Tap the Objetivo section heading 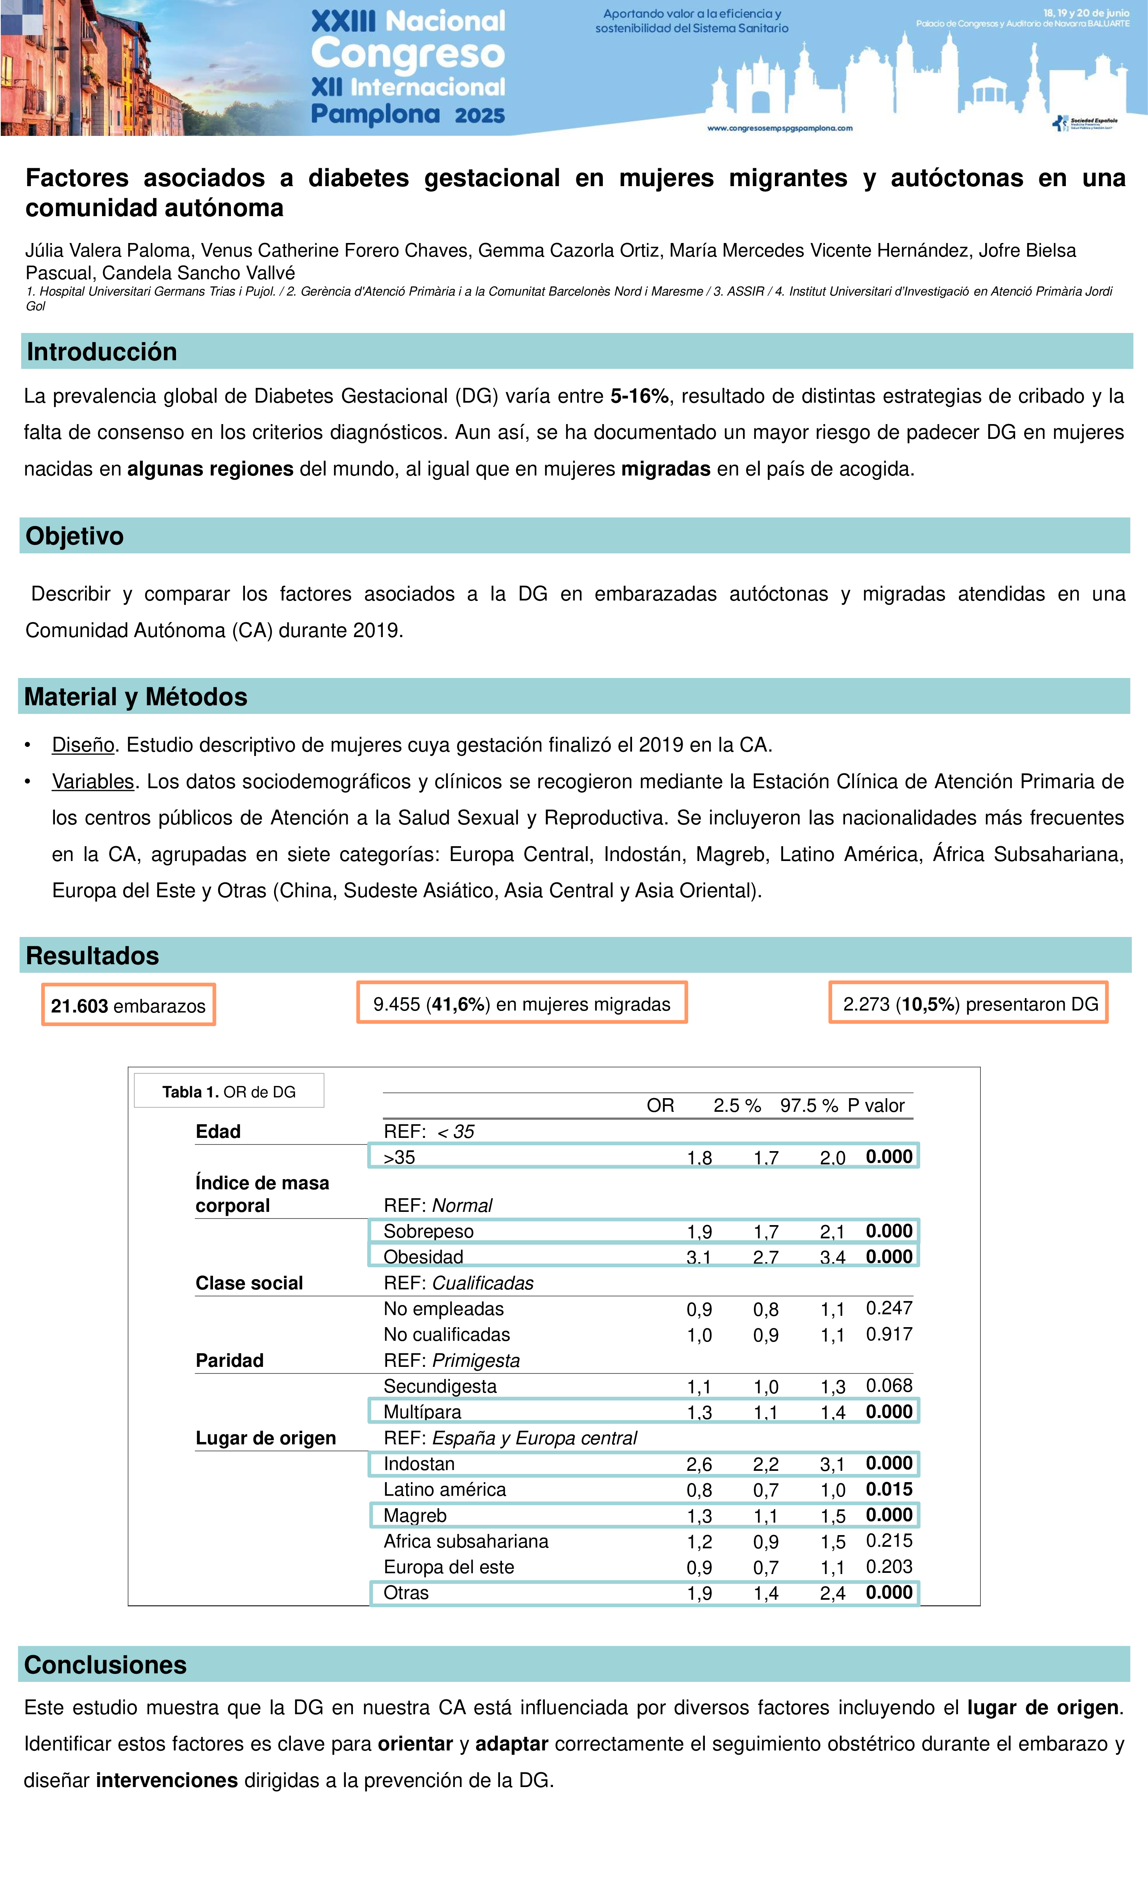(x=75, y=536)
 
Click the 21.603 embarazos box (x=128, y=1005)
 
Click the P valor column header (x=876, y=1105)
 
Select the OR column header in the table (x=660, y=1105)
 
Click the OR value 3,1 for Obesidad (x=699, y=1257)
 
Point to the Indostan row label (x=419, y=1463)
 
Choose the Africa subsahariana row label (x=465, y=1541)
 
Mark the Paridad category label (x=229, y=1361)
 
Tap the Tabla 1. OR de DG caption (x=229, y=1092)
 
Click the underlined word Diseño (x=83, y=745)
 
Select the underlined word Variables (x=93, y=782)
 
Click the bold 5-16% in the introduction (x=639, y=396)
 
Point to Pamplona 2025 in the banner (x=408, y=114)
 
